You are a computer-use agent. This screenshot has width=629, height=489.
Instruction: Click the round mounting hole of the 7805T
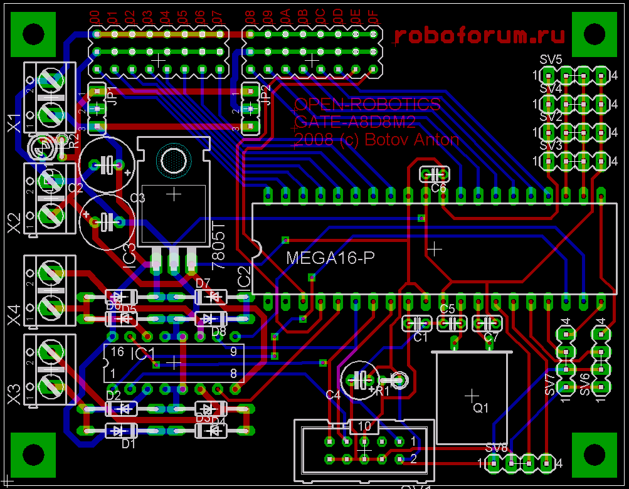click(x=173, y=161)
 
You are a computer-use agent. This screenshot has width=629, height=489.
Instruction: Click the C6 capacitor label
click(x=438, y=187)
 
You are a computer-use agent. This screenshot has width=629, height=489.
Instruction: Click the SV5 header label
click(x=551, y=60)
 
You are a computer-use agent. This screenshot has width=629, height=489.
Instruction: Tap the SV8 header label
click(x=496, y=448)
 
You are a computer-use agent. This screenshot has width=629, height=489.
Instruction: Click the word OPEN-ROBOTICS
click(x=367, y=104)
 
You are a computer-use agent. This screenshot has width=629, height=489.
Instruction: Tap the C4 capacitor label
click(x=333, y=395)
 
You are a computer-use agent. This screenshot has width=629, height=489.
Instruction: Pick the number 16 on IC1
click(x=117, y=352)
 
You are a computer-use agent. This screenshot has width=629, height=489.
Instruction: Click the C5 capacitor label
click(x=447, y=308)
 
